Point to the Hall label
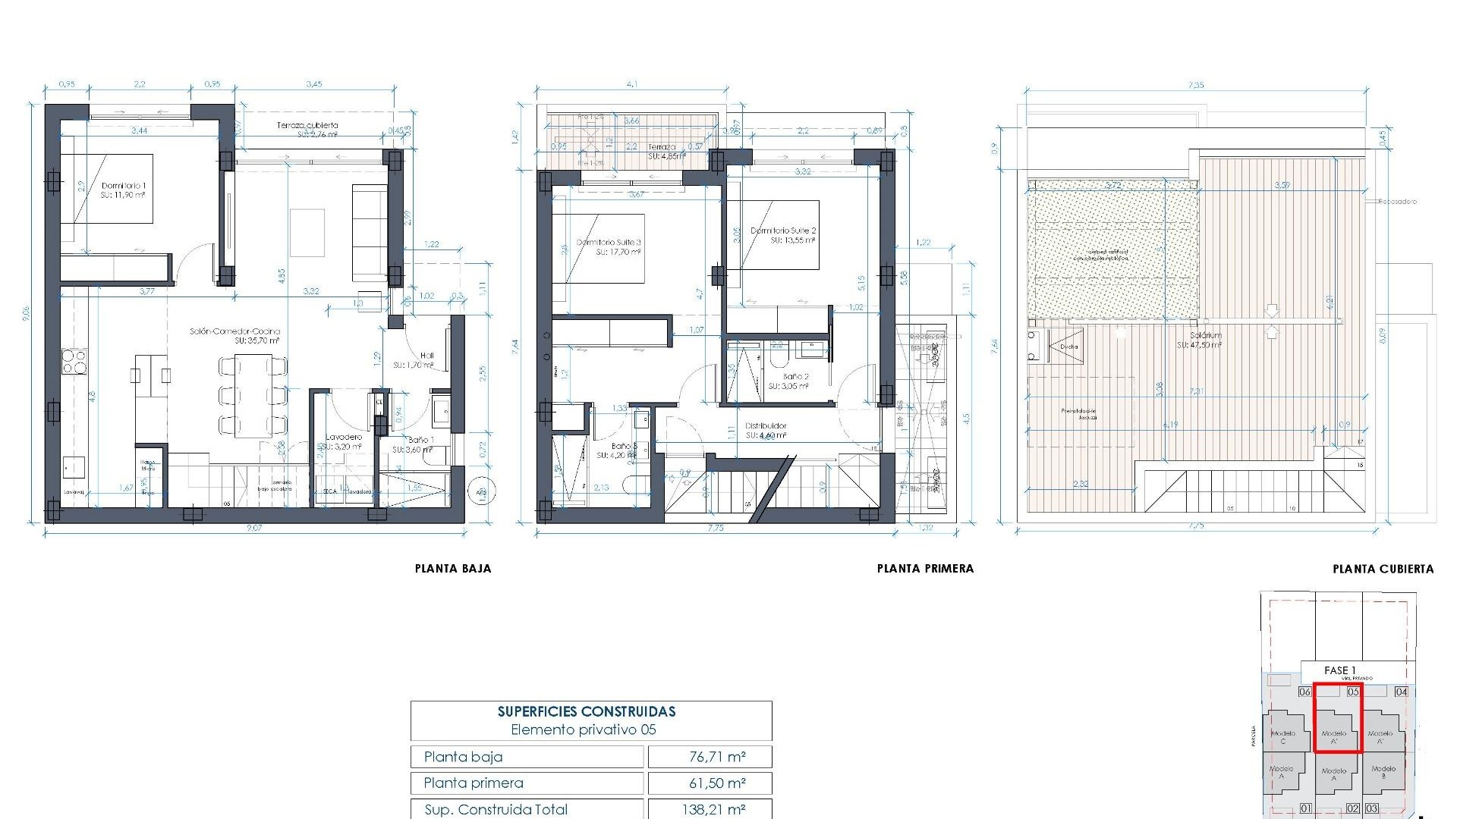tap(426, 356)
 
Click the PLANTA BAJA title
tap(453, 568)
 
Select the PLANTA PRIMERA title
tap(925, 568)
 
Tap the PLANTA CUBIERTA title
tap(1383, 569)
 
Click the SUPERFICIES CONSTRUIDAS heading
tap(587, 711)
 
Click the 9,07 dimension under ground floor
tap(253, 528)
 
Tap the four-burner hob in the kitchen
tap(74, 362)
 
